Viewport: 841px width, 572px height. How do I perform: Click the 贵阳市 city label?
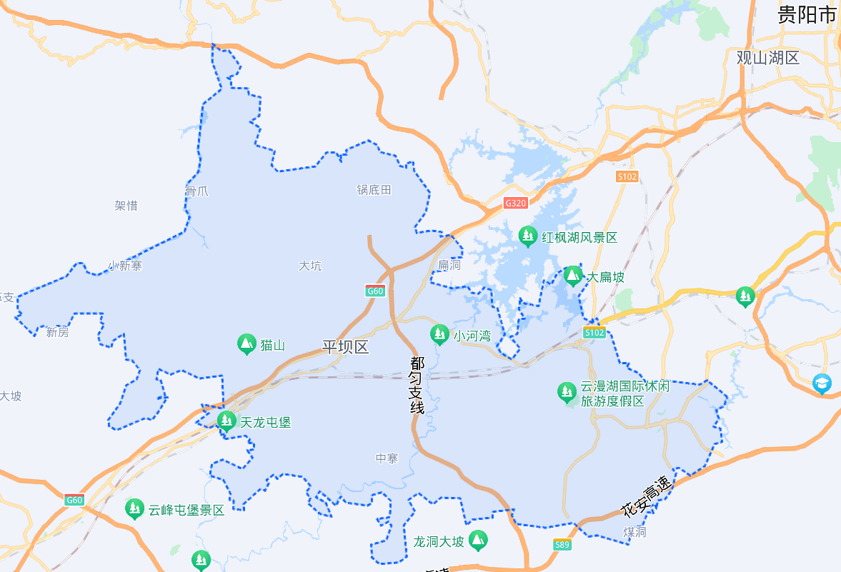point(807,15)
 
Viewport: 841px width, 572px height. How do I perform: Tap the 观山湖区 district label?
point(768,58)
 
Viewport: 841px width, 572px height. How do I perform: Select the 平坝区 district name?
point(345,348)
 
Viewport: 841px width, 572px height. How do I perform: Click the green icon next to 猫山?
point(247,345)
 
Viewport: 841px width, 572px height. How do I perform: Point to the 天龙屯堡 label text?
point(266,422)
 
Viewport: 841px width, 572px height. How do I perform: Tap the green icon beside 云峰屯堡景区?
point(134,509)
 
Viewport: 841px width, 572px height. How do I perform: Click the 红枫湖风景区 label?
point(579,238)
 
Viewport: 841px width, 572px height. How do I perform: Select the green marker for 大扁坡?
point(572,276)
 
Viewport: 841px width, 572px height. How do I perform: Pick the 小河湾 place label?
point(472,335)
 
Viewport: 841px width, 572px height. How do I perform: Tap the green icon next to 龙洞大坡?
point(478,541)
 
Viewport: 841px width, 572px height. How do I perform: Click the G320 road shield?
point(515,203)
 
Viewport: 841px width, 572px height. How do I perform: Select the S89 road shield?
point(563,545)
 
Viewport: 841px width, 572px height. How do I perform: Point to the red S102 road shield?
point(627,176)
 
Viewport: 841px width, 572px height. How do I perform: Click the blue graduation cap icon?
point(822,384)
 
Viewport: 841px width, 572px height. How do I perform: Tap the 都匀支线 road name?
point(417,386)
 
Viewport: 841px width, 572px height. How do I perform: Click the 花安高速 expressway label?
point(647,497)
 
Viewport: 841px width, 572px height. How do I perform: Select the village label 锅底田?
point(374,190)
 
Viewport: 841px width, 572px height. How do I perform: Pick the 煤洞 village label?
point(635,532)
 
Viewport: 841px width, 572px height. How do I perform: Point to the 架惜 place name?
point(126,206)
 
